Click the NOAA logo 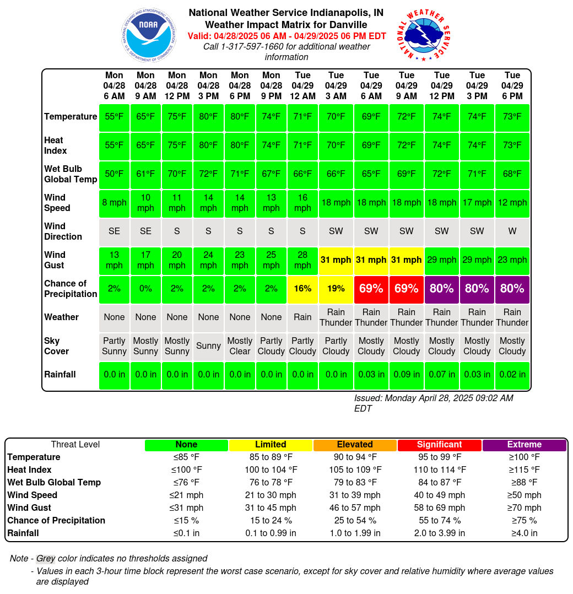(x=148, y=35)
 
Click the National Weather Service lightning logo (x=423, y=35)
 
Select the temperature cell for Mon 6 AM (x=114, y=117)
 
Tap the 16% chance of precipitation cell (x=302, y=289)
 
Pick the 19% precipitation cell (x=336, y=289)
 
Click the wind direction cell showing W (x=512, y=231)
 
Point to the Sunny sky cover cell (x=208, y=346)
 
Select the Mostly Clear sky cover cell (x=240, y=346)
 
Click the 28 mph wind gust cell (x=302, y=260)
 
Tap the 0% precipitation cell (x=145, y=289)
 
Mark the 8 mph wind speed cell (x=114, y=203)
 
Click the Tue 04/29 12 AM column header (x=302, y=85)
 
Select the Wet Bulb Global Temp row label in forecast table (x=71, y=174)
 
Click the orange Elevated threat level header (x=355, y=445)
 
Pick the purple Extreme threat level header (x=524, y=445)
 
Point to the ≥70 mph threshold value (x=524, y=508)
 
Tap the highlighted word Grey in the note (x=46, y=559)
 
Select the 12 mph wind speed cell (x=512, y=203)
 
